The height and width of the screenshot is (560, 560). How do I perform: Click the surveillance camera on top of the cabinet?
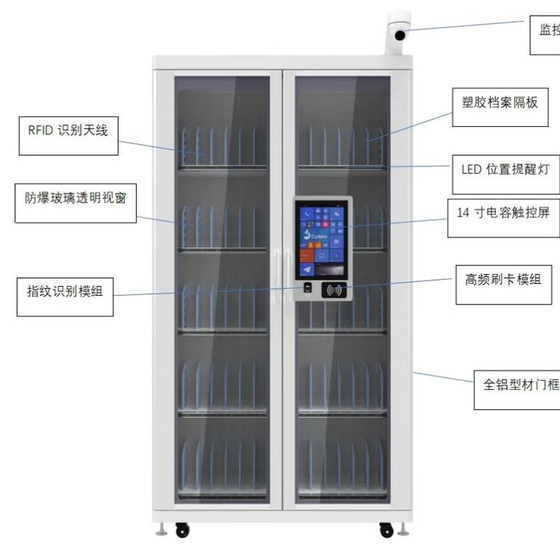pos(399,31)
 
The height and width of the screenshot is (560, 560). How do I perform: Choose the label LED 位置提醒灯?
pos(505,169)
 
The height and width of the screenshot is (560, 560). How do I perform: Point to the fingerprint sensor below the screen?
pos(307,287)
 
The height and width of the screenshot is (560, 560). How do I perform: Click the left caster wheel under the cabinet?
pos(182,529)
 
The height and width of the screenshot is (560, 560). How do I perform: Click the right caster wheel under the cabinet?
pos(386,529)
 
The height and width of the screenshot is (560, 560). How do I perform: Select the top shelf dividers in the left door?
pos(223,147)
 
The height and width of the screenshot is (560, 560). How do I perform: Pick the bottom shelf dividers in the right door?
pos(342,467)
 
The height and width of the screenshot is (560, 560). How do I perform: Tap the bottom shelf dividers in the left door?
pos(223,467)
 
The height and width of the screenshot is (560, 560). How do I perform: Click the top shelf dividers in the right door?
pos(342,147)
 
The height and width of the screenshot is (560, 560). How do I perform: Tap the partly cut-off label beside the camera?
pos(546,34)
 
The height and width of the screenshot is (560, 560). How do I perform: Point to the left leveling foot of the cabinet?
pos(161,529)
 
